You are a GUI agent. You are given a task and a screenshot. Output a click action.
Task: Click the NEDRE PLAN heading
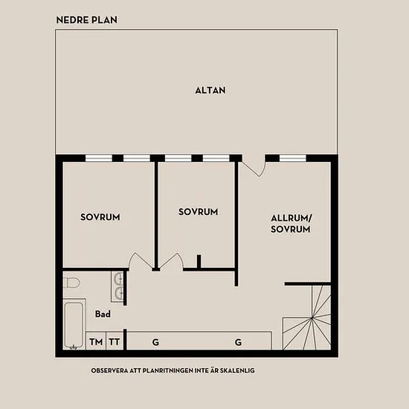point(87,20)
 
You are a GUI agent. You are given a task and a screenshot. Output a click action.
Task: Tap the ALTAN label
point(210,90)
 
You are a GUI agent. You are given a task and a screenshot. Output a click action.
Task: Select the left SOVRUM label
point(100,217)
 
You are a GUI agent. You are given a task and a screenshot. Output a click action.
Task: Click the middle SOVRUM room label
point(199,211)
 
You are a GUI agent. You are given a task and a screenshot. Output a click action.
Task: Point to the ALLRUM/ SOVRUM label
point(292,224)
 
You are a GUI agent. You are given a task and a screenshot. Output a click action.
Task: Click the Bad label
point(103,314)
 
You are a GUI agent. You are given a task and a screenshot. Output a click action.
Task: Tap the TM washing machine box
point(96,341)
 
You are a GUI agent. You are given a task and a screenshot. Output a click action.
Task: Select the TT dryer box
point(115,341)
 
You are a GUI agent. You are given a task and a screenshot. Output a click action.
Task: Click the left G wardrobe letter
point(155,342)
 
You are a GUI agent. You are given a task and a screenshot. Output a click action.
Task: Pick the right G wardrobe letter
point(238,342)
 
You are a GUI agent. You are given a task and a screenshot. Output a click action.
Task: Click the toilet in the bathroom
point(71,283)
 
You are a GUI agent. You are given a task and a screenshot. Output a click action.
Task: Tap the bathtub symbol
point(74,324)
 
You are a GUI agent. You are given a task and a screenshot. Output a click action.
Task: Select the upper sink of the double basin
point(119,278)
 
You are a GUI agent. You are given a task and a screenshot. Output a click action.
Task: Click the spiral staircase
point(307,318)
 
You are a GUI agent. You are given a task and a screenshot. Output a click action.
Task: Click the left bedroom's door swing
point(141,261)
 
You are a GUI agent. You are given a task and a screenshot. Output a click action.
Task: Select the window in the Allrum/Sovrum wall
point(293,158)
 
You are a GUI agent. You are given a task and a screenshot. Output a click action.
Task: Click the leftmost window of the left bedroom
point(99,158)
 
